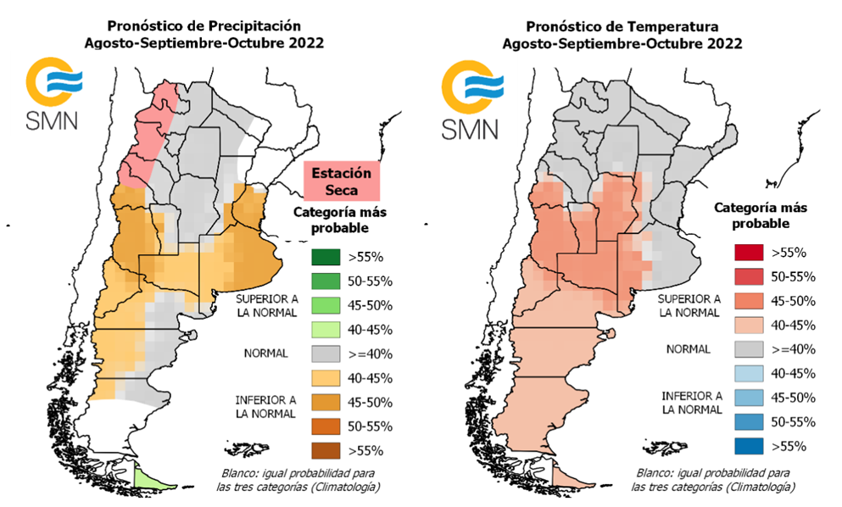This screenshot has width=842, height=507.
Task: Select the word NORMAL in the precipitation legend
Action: click(x=264, y=353)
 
